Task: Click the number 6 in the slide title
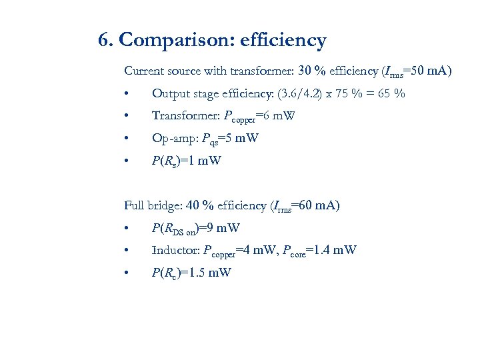tap(104, 41)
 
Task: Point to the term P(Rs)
tap(167, 161)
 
